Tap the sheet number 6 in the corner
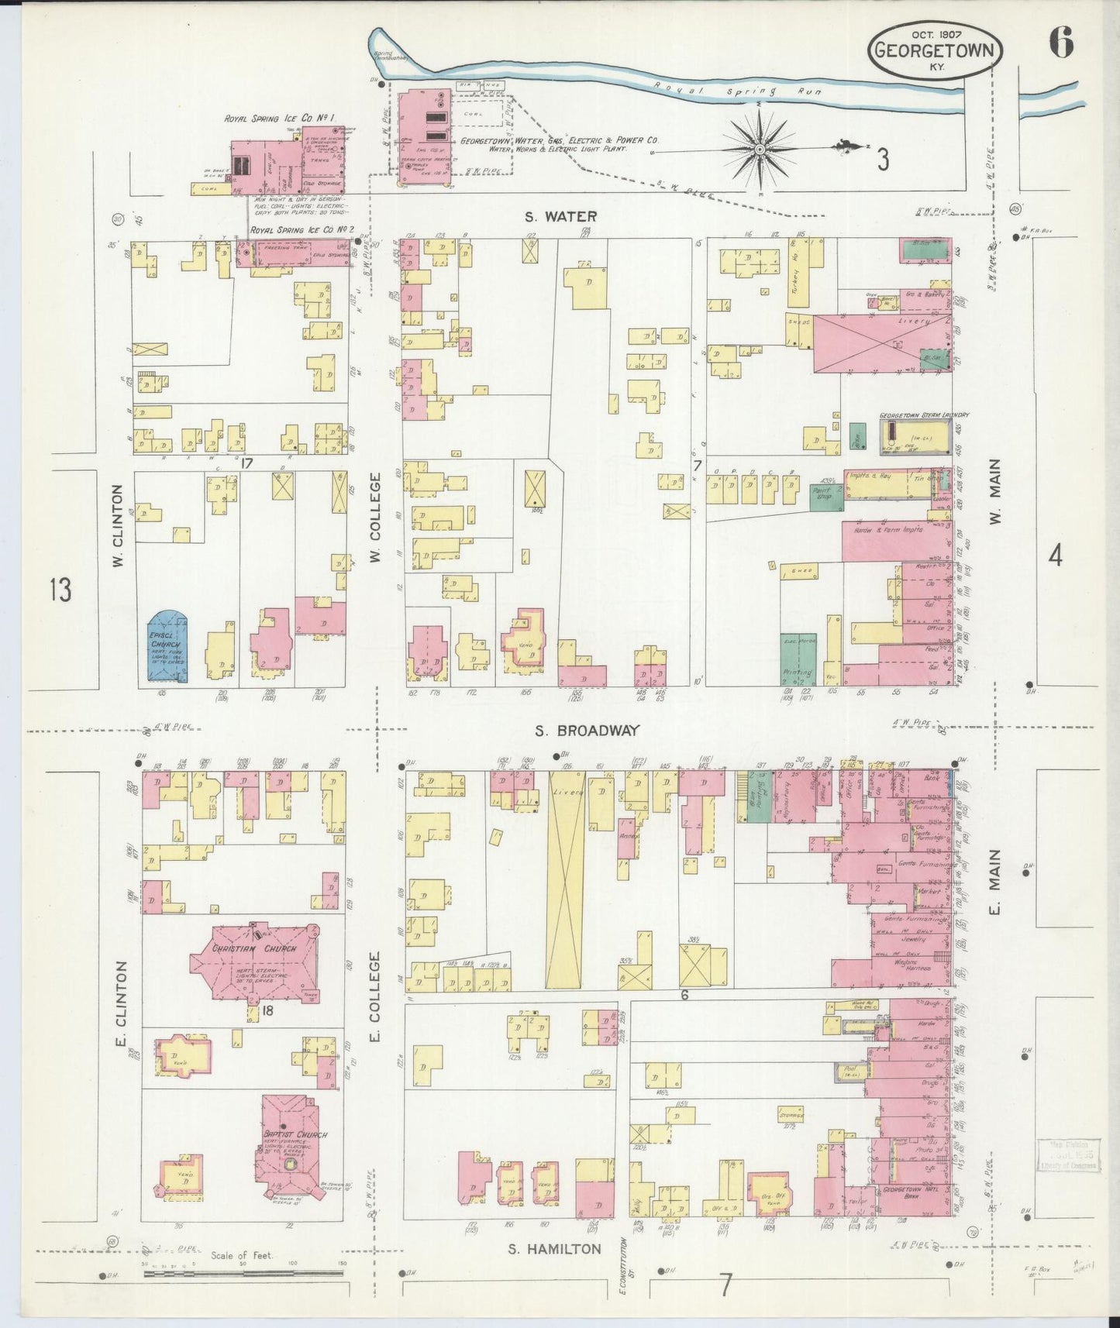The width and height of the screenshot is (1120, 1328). (1061, 43)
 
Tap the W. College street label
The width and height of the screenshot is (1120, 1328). (375, 518)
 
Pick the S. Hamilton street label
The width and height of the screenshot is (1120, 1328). (554, 1248)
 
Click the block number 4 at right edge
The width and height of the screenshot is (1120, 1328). (1055, 555)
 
